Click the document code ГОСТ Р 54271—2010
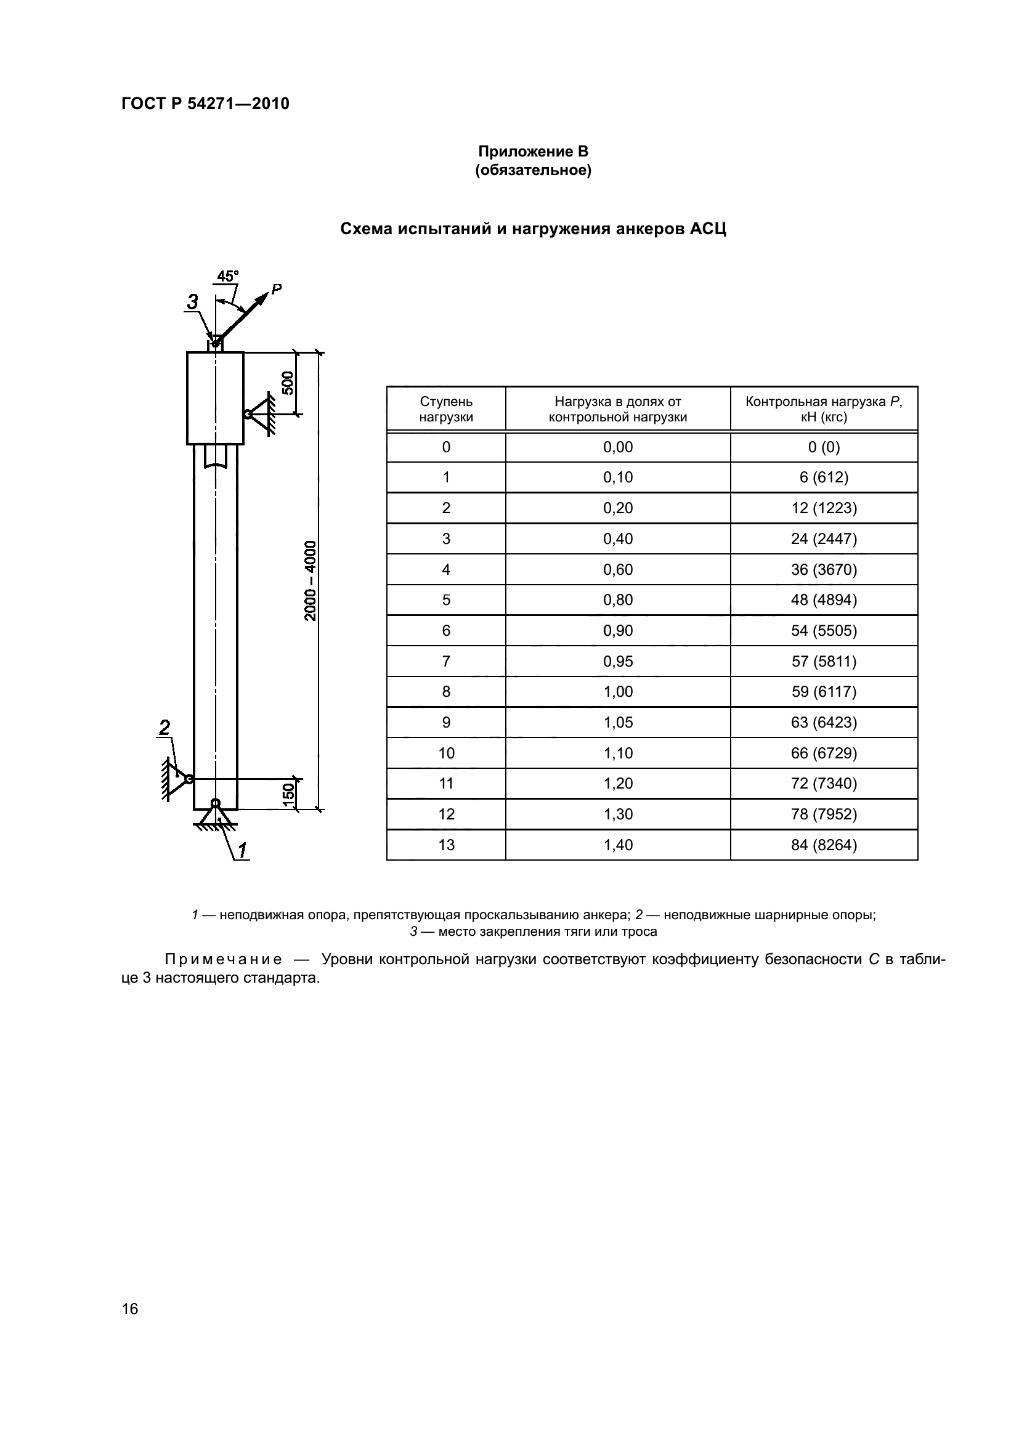[x=205, y=104]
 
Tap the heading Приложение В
[x=533, y=152]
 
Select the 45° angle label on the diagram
[x=227, y=276]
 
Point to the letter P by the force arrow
[x=276, y=289]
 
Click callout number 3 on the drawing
[x=193, y=302]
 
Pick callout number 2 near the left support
[x=164, y=728]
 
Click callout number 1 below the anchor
[x=242, y=850]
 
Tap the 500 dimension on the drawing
[x=287, y=383]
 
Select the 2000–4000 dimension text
[x=311, y=580]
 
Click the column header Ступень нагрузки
[x=446, y=409]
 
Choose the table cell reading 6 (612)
[x=823, y=477]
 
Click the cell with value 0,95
[x=617, y=662]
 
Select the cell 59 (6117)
[x=823, y=692]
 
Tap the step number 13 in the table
[x=446, y=845]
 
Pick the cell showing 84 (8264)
[x=823, y=845]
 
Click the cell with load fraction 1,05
[x=617, y=723]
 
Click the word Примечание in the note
[x=224, y=960]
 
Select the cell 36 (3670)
[x=823, y=569]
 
